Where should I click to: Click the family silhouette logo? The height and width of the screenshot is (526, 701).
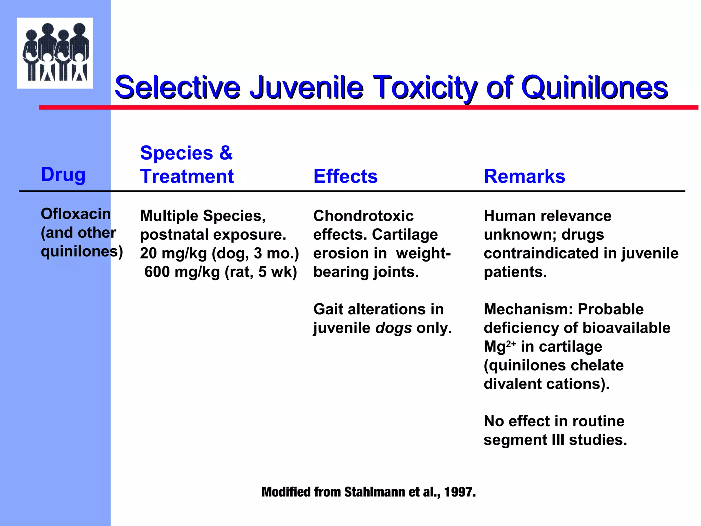pyautogui.click(x=55, y=53)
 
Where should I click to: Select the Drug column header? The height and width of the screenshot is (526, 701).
pyautogui.click(x=63, y=175)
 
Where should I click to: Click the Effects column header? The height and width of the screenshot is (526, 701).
pyautogui.click(x=345, y=177)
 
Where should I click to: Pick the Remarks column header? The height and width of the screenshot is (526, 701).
pyautogui.click(x=524, y=177)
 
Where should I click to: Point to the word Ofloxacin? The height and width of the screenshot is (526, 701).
pyautogui.click(x=76, y=214)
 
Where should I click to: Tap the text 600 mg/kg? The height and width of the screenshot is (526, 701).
pyautogui.click(x=182, y=272)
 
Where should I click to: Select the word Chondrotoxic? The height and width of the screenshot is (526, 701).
pyautogui.click(x=364, y=216)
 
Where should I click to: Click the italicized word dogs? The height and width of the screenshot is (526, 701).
pyautogui.click(x=394, y=328)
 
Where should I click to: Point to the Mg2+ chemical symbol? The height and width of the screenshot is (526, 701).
pyautogui.click(x=499, y=346)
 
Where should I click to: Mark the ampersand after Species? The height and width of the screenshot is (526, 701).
pyautogui.click(x=226, y=153)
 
